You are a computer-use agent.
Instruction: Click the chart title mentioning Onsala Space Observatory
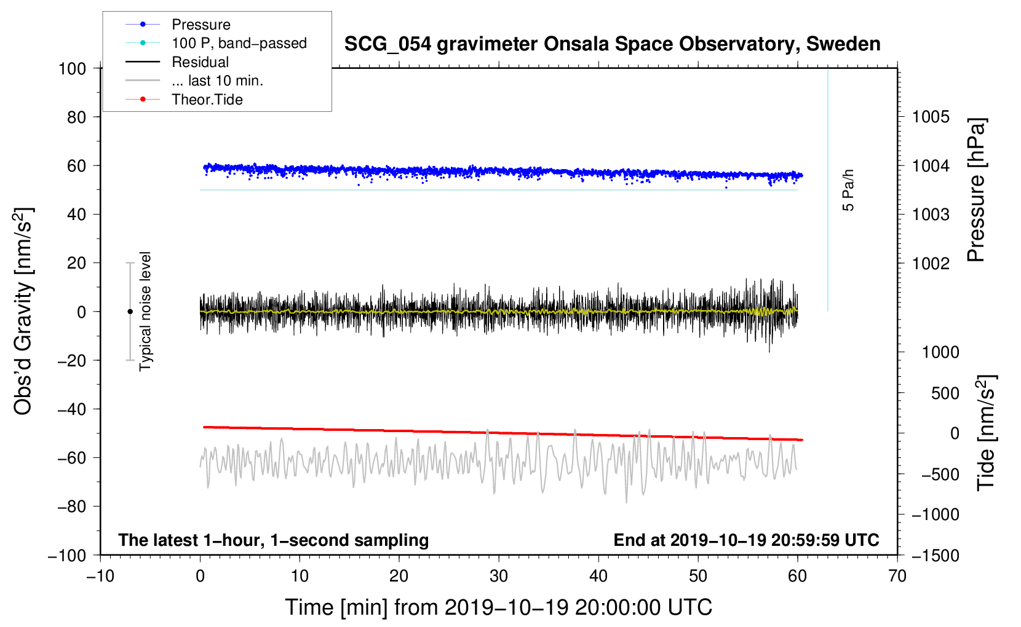click(612, 44)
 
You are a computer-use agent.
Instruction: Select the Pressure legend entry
click(201, 25)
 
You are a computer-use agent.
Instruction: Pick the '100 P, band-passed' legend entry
click(239, 43)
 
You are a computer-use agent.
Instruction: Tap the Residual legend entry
click(200, 62)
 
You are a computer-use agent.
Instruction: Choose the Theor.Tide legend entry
click(207, 100)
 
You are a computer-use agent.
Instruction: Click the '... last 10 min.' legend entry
click(217, 81)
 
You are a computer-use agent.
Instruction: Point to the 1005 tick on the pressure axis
click(931, 117)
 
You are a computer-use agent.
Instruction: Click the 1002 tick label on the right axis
click(931, 263)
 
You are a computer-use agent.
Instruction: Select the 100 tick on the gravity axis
click(72, 68)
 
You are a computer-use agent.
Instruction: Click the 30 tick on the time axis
click(499, 576)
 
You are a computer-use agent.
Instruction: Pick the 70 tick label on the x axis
click(897, 576)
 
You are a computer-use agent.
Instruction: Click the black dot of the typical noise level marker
click(130, 312)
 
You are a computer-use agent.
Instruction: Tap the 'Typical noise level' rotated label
click(145, 311)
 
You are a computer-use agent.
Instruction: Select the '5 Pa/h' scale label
click(848, 190)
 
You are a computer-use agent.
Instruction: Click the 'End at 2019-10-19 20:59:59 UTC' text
click(746, 540)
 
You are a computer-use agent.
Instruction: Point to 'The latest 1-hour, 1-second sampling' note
click(273, 540)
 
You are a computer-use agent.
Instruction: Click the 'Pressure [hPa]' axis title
click(976, 190)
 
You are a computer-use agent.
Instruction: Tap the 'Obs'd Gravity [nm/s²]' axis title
click(23, 311)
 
